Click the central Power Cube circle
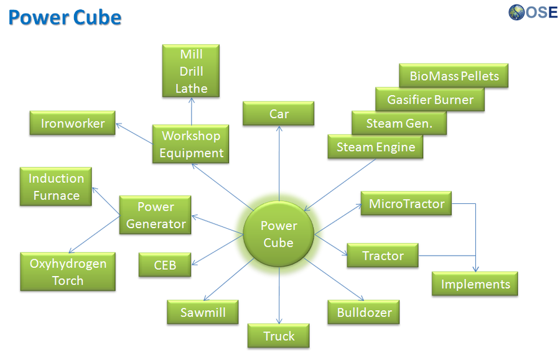[x=279, y=234]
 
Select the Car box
[x=279, y=114]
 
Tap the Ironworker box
[x=73, y=123]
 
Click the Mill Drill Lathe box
[x=191, y=71]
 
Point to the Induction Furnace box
[x=56, y=187]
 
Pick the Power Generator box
[x=156, y=215]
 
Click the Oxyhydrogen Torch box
[x=68, y=272]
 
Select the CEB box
[x=165, y=265]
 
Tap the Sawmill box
[x=203, y=312]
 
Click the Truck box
[x=279, y=336]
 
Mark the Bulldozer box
[x=364, y=312]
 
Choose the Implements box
[x=475, y=284]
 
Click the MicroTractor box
[x=406, y=204]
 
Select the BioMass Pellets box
[x=454, y=76]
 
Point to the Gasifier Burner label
[x=430, y=99]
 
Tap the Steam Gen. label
[x=398, y=123]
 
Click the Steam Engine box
[x=375, y=147]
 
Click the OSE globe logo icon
[x=517, y=12]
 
